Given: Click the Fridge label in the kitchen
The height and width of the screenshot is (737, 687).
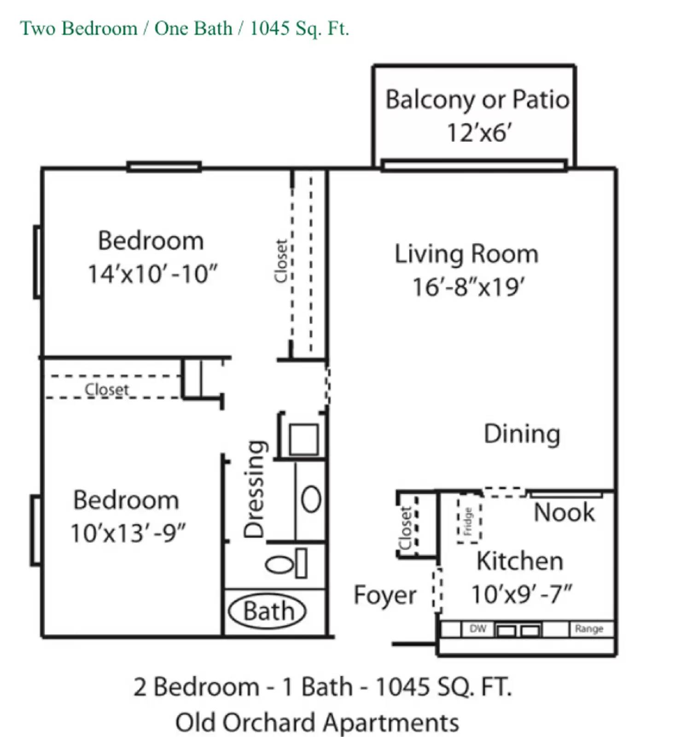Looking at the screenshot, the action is [x=468, y=521].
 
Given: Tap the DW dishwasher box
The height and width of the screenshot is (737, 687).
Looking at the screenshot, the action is [x=477, y=628].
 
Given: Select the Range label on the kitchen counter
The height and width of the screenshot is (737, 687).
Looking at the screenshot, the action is [x=589, y=628].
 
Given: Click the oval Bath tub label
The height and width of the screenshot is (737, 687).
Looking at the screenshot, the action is [x=268, y=612].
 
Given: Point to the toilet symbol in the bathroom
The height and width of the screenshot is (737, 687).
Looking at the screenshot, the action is [x=286, y=563].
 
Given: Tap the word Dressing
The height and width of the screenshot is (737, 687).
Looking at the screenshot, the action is [x=254, y=489].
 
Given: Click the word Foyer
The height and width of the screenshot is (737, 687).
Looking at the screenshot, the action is [x=385, y=595].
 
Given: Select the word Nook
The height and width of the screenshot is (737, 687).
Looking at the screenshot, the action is [x=564, y=512].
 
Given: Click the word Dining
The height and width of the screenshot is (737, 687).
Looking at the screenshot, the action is [x=522, y=434].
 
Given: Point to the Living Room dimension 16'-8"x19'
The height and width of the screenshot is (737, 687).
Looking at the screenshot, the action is [x=468, y=287].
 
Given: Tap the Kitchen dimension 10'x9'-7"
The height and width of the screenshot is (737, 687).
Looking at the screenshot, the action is [x=521, y=594].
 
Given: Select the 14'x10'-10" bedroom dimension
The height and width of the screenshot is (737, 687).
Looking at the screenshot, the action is [x=152, y=274].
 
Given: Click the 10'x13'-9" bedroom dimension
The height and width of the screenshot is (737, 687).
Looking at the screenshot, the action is [x=128, y=533].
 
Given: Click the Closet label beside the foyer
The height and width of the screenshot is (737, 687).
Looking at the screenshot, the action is [x=406, y=528].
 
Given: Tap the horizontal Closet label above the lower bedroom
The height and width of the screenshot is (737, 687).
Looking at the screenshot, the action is [x=107, y=390].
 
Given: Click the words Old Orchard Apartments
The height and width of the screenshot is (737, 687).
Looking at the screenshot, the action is [x=317, y=722].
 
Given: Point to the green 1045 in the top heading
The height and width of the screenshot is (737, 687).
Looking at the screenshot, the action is [x=270, y=29].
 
